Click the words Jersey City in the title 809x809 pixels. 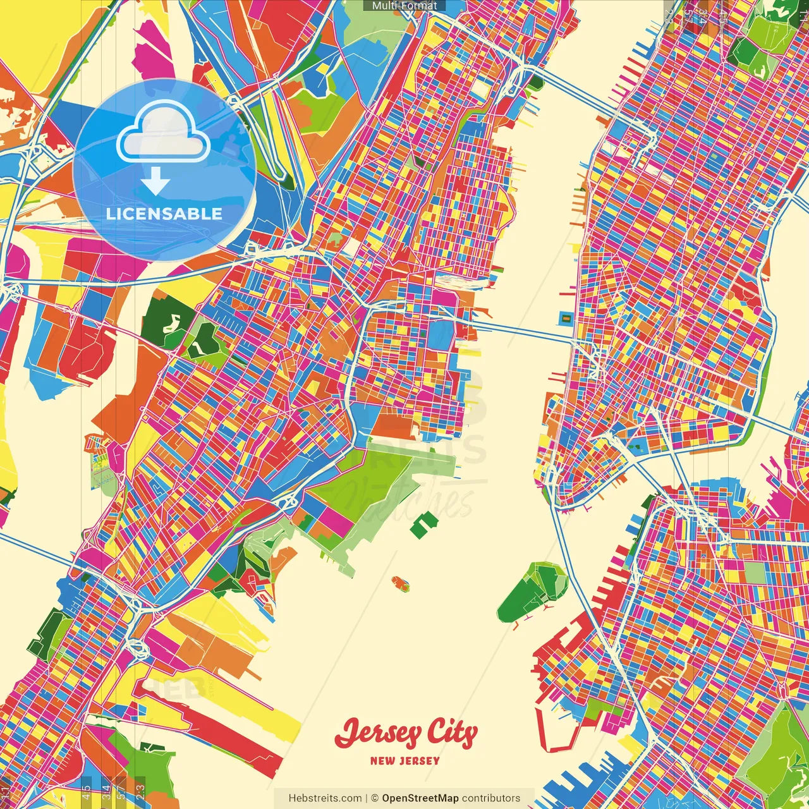coord(406,734)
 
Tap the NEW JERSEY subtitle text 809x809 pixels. coord(404,761)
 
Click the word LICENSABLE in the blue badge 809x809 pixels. coord(164,214)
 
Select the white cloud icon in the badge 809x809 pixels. coord(163,135)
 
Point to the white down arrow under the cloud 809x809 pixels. coord(155,182)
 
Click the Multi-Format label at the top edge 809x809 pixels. coord(404,6)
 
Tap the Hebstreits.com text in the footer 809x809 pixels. coord(325,798)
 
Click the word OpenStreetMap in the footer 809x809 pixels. coord(420,798)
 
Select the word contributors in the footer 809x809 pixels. coord(491,798)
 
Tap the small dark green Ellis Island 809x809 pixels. coord(423,524)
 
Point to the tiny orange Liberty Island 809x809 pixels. coord(400,582)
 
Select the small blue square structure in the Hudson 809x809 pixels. coord(566,318)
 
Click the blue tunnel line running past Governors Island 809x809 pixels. coord(572,569)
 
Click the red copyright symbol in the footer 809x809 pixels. coord(374,798)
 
